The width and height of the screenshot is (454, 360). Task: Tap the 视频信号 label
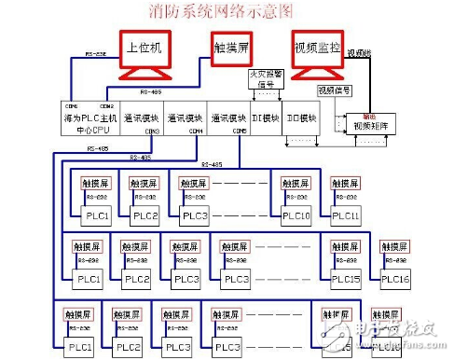[334, 90]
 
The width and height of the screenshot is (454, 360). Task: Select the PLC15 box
[345, 279]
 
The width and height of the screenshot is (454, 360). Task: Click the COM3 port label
[152, 132]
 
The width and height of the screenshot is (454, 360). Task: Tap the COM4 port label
[196, 132]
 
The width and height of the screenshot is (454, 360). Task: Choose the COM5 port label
[238, 132]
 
